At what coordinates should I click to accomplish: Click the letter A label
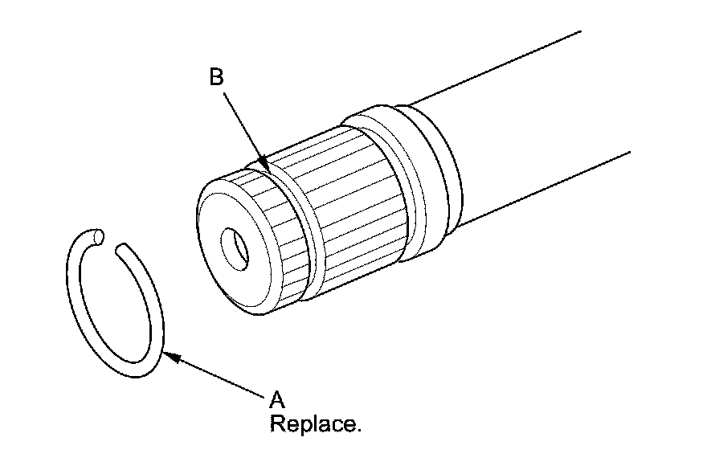coord(277,399)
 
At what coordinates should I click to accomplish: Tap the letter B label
coord(216,77)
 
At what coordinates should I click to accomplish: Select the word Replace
coord(315,423)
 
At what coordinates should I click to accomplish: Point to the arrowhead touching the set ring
coord(169,356)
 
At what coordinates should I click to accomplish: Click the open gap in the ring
coord(111,240)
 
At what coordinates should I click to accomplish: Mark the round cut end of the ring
coord(98,235)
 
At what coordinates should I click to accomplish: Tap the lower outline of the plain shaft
coord(546,185)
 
